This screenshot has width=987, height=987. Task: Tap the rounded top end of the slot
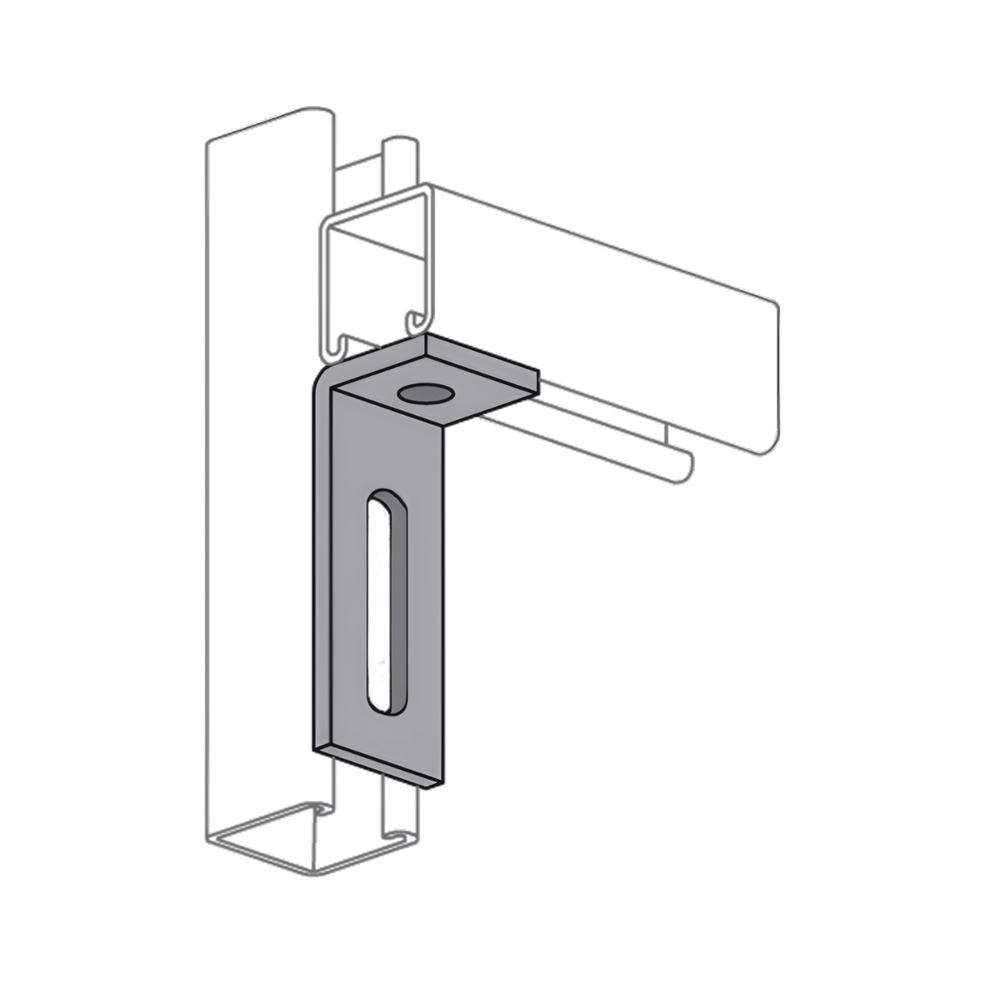383,498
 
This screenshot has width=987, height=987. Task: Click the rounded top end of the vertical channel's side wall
321,115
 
